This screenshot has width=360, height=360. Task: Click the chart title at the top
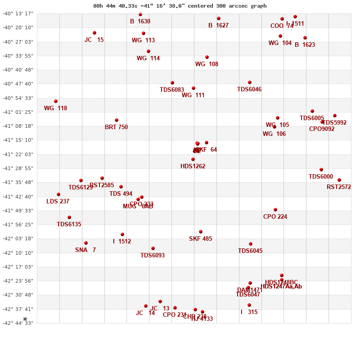click(x=180, y=6)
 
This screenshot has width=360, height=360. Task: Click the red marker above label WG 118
click(x=56, y=101)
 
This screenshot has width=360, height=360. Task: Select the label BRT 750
click(x=116, y=127)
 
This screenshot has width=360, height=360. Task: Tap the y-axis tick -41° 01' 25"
click(x=18, y=112)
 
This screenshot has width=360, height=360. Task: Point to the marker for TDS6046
click(x=250, y=82)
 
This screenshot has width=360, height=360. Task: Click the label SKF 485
click(x=200, y=239)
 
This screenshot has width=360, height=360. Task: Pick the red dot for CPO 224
click(x=275, y=210)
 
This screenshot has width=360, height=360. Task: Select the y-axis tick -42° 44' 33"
click(x=18, y=323)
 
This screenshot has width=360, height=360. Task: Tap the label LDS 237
click(x=58, y=202)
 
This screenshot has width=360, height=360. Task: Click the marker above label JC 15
click(x=94, y=33)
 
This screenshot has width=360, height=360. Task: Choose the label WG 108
click(x=207, y=64)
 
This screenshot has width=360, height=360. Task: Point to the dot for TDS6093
click(x=153, y=248)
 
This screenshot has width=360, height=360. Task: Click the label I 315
click(x=249, y=312)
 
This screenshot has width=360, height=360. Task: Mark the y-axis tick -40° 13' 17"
click(x=18, y=13)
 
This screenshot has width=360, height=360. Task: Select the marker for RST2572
click(x=339, y=180)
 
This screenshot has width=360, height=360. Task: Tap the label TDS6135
click(x=69, y=225)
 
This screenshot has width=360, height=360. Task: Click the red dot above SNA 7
click(x=86, y=243)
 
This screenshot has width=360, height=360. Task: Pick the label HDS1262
click(x=193, y=166)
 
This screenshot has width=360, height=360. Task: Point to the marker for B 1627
click(x=219, y=18)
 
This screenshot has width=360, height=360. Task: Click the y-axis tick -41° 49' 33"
click(x=18, y=211)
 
